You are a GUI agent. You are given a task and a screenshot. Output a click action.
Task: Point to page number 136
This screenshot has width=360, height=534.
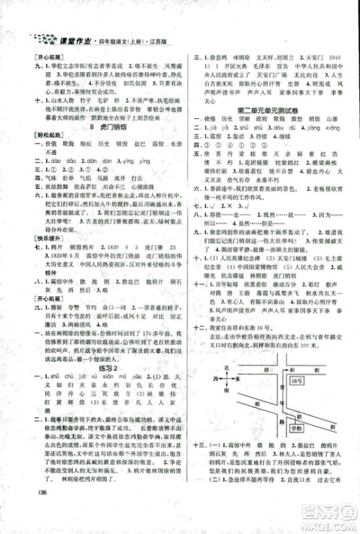26,512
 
